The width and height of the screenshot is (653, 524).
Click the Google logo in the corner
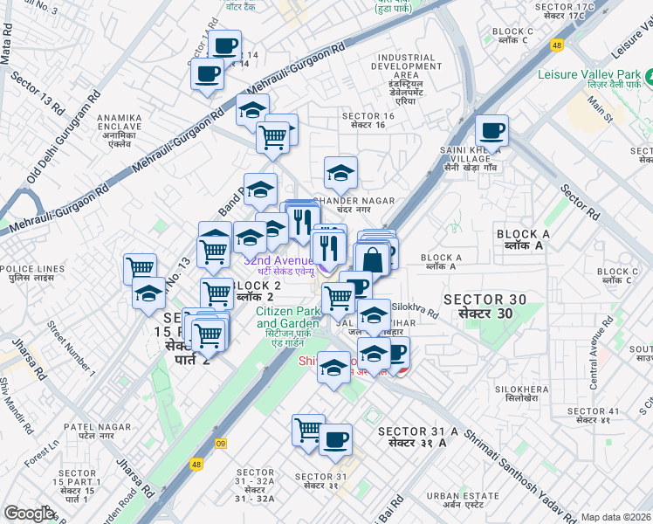[x=29, y=514]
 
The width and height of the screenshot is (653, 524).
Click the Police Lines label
[x=32, y=272]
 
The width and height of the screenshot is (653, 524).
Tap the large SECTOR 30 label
[x=485, y=307]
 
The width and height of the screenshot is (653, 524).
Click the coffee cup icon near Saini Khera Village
[x=492, y=131]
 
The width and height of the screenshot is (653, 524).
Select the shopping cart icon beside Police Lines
[x=140, y=268]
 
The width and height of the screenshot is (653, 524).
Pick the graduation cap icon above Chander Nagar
[x=340, y=172]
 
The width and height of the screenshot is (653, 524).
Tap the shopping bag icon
[x=372, y=259]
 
